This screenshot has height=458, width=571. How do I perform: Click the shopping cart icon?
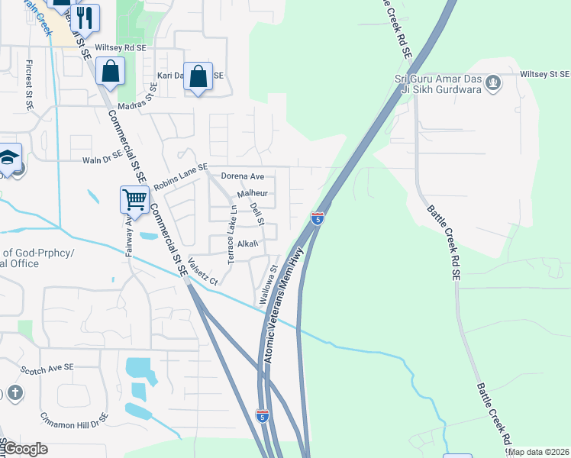point(134,199)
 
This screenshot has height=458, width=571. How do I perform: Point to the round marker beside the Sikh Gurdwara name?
point(493,81)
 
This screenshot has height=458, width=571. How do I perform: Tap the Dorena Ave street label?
point(242,176)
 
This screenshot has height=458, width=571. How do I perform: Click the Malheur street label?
point(252,195)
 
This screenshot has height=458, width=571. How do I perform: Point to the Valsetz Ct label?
point(203,269)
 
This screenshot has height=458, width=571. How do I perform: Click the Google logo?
point(24,448)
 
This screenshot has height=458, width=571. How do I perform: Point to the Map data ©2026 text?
point(537,452)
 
